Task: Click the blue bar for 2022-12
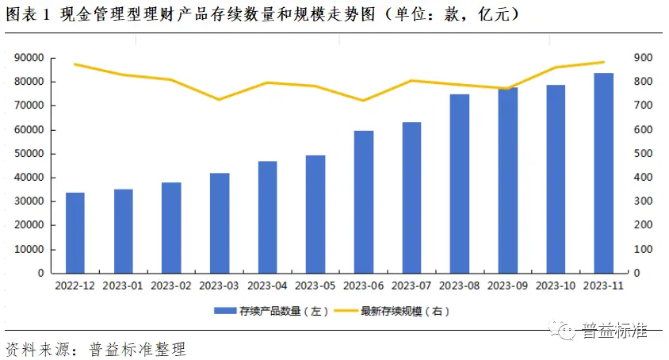click(x=75, y=232)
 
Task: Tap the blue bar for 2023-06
click(x=364, y=201)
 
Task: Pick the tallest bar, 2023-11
click(x=604, y=173)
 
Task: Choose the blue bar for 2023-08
click(x=460, y=183)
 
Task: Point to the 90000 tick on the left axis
click(x=29, y=58)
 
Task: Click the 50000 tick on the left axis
click(x=29, y=154)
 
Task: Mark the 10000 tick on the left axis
click(x=29, y=249)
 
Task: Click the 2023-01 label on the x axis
click(x=123, y=285)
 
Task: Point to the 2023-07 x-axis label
click(x=411, y=285)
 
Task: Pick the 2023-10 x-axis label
click(x=556, y=285)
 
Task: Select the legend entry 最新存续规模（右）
click(x=404, y=312)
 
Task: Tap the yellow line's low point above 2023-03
click(x=220, y=99)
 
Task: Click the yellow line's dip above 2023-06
click(x=364, y=100)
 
